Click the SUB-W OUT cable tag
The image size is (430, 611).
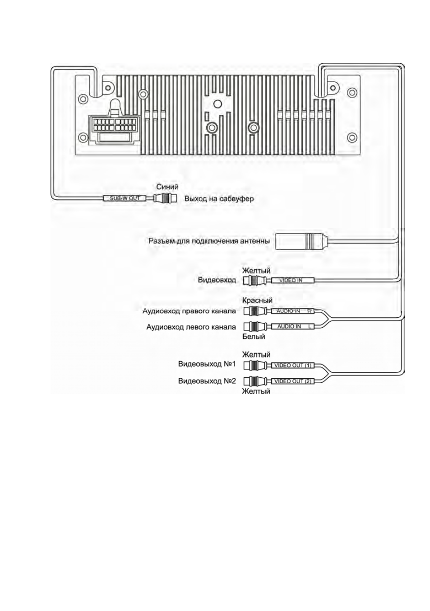click(x=125, y=198)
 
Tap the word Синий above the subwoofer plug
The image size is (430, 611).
click(x=167, y=187)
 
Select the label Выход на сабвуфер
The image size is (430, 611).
click(x=219, y=198)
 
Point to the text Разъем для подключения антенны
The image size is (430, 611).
click(x=209, y=241)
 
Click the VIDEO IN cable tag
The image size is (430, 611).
click(x=293, y=280)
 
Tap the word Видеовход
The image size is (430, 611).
click(x=217, y=280)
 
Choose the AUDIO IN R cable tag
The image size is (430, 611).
click(x=293, y=311)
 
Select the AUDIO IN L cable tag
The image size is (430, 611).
click(x=293, y=326)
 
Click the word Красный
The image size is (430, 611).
click(x=257, y=300)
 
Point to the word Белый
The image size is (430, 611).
click(x=254, y=336)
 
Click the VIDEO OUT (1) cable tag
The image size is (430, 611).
click(x=293, y=365)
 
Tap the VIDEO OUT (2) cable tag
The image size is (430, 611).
click(x=293, y=381)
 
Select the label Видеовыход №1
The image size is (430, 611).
click(x=207, y=364)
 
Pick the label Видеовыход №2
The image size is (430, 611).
click(x=207, y=381)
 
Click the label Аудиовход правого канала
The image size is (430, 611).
click(x=189, y=311)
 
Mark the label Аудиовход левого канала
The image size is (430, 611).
click(x=191, y=327)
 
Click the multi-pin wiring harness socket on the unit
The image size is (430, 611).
click(x=113, y=127)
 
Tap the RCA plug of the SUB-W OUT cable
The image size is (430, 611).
click(x=165, y=198)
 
